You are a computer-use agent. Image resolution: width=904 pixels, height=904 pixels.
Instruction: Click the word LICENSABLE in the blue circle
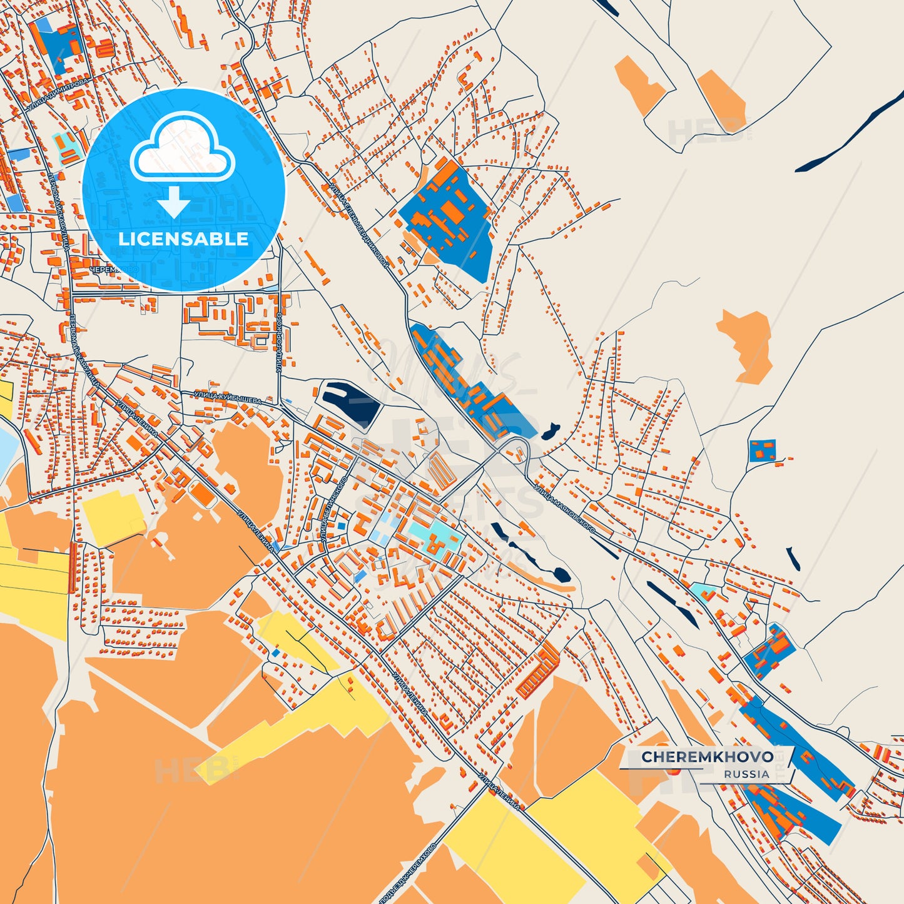(183, 239)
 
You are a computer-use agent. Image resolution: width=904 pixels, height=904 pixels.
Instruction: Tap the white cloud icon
(183, 149)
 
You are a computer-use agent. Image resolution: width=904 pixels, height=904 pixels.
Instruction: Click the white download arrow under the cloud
(174, 202)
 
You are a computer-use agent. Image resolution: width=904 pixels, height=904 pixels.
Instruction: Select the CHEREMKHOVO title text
(707, 756)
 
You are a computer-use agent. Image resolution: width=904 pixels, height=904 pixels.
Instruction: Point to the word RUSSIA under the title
(746, 774)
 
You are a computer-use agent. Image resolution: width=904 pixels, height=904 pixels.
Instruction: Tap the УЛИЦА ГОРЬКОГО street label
(280, 343)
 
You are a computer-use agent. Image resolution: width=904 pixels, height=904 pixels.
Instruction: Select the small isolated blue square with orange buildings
(762, 450)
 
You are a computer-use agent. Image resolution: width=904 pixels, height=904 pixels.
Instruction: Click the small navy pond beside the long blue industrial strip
(550, 431)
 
